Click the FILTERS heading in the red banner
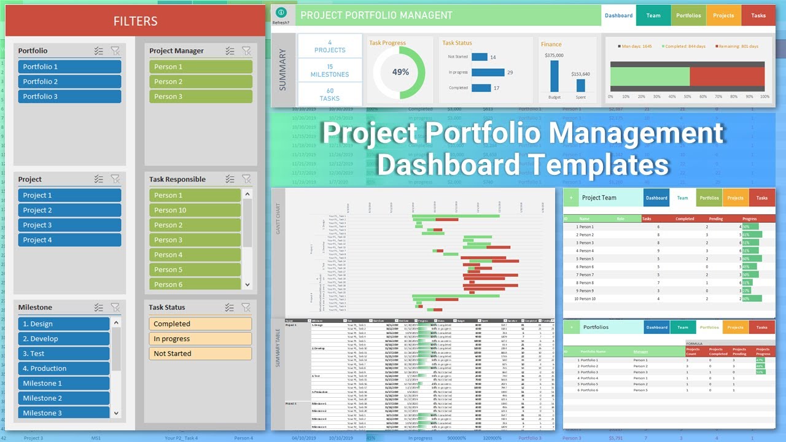tap(135, 21)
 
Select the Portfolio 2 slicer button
tap(69, 82)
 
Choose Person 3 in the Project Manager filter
tap(200, 96)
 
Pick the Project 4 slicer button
tap(69, 240)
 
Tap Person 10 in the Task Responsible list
tap(195, 210)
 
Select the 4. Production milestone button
tap(64, 368)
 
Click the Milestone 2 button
tap(64, 398)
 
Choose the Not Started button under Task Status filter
tap(200, 354)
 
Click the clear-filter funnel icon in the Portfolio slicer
tap(115, 51)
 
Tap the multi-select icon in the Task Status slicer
tap(230, 308)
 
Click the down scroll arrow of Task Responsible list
tap(247, 285)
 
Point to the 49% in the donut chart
tap(400, 72)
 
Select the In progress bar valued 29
tap(488, 72)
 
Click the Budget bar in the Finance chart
tap(554, 76)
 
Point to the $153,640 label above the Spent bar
tap(580, 74)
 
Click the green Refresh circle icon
tap(281, 12)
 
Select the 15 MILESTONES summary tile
tap(330, 71)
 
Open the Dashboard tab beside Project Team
tap(656, 198)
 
